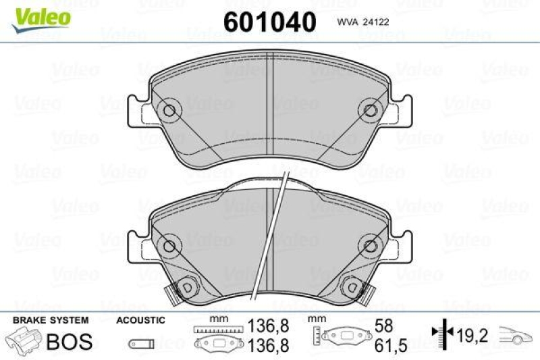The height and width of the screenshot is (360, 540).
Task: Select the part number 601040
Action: pos(269,22)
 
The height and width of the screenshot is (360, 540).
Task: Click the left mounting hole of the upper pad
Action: pos(169,109)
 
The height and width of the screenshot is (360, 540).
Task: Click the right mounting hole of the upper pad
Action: pos(370,109)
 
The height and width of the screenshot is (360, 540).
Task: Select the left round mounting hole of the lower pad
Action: pos(169,246)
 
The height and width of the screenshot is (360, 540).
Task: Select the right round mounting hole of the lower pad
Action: pos(370,246)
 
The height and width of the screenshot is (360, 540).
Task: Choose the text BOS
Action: pos(69,342)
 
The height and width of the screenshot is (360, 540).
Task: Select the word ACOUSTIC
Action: pos(140,319)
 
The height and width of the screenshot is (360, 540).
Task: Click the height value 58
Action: pos(384,326)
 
